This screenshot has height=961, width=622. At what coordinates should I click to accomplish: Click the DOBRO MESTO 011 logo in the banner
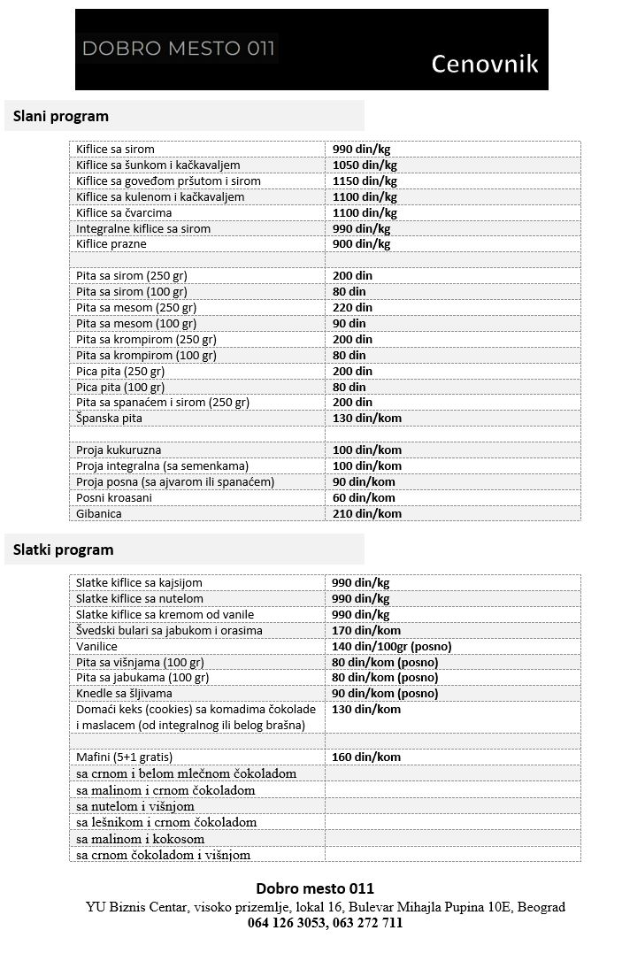(x=179, y=49)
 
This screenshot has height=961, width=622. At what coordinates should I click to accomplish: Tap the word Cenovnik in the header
(x=484, y=64)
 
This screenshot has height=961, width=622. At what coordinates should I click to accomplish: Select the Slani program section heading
(x=61, y=116)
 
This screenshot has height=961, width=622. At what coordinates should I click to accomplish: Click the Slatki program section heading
(x=64, y=550)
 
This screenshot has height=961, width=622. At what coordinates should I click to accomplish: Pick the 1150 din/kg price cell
(x=365, y=181)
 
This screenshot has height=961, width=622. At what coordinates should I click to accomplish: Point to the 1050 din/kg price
(x=365, y=165)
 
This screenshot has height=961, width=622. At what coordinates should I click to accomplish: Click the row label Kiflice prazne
(x=111, y=243)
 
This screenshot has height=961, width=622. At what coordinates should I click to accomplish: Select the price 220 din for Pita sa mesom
(x=352, y=307)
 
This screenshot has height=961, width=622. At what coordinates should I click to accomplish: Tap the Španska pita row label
(x=109, y=418)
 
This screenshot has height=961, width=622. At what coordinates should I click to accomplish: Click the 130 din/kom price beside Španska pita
(x=366, y=418)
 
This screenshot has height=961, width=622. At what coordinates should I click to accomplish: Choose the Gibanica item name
(x=99, y=513)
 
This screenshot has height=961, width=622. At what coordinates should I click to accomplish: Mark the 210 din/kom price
(x=366, y=513)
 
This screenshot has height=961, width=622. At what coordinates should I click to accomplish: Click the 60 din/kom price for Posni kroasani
(x=363, y=497)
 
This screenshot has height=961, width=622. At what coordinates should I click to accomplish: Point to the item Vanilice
(x=97, y=646)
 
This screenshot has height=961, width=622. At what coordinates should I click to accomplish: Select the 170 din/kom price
(x=366, y=630)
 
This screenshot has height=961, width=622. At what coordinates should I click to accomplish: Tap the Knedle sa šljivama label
(x=124, y=693)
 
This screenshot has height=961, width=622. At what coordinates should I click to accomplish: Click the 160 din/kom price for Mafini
(x=366, y=757)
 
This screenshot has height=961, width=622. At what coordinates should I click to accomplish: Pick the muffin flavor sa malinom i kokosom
(x=141, y=839)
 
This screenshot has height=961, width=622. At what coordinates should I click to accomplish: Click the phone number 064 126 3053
(x=286, y=923)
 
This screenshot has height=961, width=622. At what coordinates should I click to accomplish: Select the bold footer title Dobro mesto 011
(x=315, y=888)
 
